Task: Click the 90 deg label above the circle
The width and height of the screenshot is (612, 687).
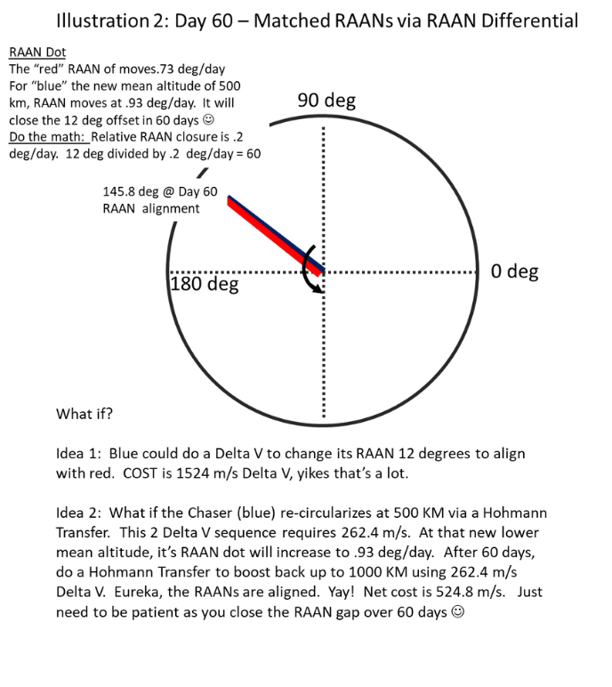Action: click(326, 101)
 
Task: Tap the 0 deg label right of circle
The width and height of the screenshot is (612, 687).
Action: click(514, 271)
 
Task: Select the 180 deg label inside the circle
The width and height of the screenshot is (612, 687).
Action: click(204, 285)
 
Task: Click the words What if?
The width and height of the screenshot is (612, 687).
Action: click(84, 414)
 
